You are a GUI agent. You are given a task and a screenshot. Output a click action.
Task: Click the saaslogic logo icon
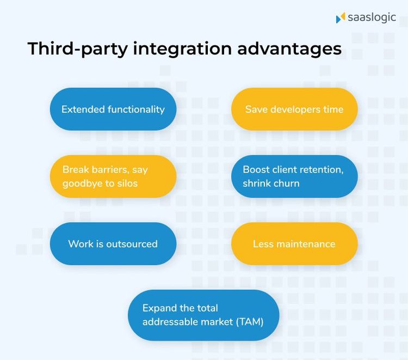click(341, 17)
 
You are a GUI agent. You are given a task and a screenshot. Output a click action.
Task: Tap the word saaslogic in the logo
click(372, 18)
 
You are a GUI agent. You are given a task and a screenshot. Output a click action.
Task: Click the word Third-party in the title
click(78, 49)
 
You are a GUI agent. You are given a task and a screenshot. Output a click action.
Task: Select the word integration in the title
click(182, 49)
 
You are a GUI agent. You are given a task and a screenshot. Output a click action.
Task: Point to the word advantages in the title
click(289, 49)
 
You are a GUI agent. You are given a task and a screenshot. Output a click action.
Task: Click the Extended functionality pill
click(113, 109)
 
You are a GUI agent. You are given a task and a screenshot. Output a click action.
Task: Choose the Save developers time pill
click(294, 109)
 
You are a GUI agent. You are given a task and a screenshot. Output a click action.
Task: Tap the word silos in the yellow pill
click(127, 184)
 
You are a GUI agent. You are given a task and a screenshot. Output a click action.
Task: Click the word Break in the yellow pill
click(76, 169)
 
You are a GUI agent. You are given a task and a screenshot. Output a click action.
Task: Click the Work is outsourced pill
click(113, 244)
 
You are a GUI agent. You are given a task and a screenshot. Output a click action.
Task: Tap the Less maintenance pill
click(294, 244)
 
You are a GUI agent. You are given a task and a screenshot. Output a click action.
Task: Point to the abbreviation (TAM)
click(250, 322)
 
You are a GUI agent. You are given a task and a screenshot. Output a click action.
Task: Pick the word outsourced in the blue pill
click(132, 244)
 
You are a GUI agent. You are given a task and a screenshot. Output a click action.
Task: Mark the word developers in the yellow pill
click(295, 109)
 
